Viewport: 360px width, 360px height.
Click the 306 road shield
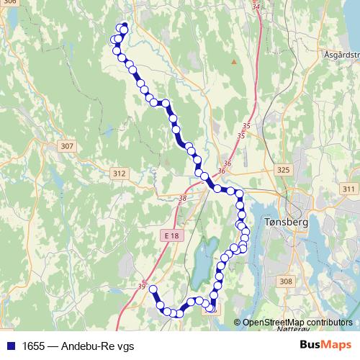pos(9,3)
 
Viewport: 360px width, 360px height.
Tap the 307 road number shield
pos(67,146)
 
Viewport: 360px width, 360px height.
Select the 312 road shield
pos(120,174)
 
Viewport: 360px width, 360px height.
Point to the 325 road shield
pos(283,170)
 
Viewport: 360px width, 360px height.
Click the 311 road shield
pos(349,189)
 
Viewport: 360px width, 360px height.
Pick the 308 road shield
pos(286,282)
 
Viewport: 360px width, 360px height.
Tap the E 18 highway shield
pos(171,235)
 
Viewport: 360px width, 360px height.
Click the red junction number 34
pos(256,6)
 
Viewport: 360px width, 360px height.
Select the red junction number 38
pos(182,198)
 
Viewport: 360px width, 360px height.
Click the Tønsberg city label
pos(287,222)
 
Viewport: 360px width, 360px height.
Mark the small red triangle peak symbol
pos(233,62)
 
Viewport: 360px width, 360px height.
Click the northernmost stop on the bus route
pos(124,27)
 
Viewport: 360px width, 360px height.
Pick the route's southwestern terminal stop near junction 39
pos(152,289)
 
